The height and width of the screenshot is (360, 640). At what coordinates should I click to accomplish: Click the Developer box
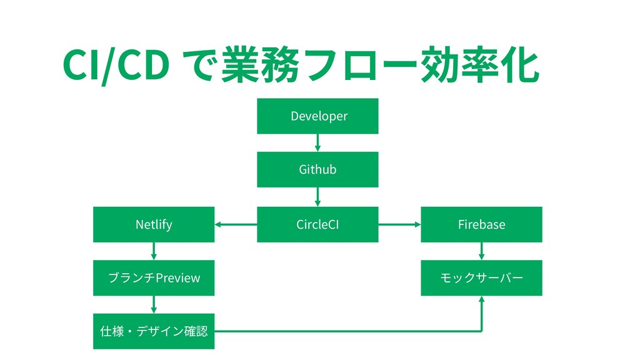click(x=317, y=116)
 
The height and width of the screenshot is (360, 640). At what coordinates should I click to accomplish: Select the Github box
click(x=317, y=169)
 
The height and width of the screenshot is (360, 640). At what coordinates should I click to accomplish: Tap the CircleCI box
click(x=317, y=224)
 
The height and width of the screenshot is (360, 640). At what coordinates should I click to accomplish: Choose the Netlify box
click(x=154, y=224)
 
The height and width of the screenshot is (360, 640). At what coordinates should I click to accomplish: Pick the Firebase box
click(x=482, y=224)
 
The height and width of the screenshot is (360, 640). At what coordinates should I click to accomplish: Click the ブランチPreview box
click(x=154, y=278)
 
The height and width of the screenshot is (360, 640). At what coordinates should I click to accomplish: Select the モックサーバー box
click(x=482, y=278)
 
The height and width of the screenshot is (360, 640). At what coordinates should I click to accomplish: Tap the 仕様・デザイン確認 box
click(x=154, y=331)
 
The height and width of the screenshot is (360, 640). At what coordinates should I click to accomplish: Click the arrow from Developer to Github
click(x=317, y=143)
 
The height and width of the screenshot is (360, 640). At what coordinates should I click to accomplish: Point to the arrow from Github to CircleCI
click(x=317, y=197)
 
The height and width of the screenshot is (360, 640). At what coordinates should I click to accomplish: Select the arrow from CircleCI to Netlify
click(x=236, y=224)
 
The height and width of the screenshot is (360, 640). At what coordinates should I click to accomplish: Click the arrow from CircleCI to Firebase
click(x=399, y=224)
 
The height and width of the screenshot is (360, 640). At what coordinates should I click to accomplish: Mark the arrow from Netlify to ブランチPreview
click(x=154, y=251)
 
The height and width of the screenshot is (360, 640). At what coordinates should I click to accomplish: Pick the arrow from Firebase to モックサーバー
click(x=482, y=251)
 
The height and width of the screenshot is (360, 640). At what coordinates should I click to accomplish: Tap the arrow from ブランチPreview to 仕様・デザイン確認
click(x=154, y=305)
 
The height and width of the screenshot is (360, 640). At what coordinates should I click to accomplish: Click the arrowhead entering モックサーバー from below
click(x=482, y=299)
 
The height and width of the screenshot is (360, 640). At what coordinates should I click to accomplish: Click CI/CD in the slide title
click(x=116, y=65)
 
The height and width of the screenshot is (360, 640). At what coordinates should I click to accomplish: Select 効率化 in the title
click(x=480, y=64)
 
